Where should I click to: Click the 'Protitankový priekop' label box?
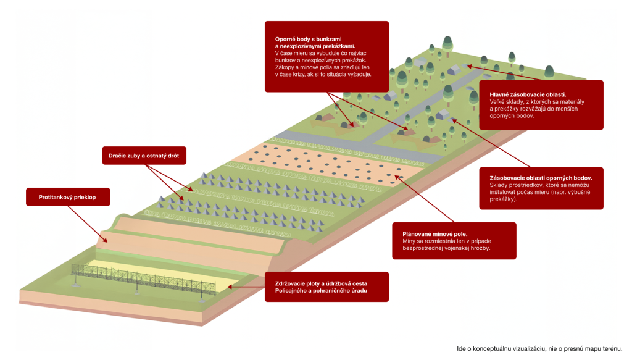[x=68, y=197]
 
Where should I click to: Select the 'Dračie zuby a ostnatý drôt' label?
[x=143, y=155]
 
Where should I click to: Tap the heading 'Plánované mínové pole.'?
[x=434, y=234]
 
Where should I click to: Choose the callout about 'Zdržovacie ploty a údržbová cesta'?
[x=326, y=287]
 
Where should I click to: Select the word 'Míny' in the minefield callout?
[x=410, y=241]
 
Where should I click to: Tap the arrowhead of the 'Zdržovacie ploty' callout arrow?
[x=229, y=287]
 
